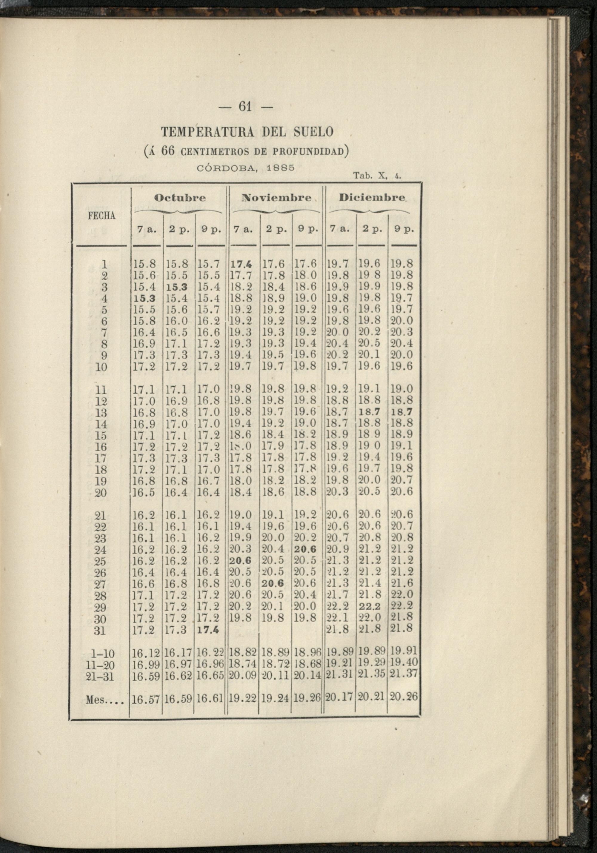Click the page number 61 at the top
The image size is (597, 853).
(245, 107)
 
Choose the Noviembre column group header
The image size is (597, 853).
(276, 198)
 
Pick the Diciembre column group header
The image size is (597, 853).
(372, 198)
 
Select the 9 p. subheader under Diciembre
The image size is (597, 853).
(404, 230)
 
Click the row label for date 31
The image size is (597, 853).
(100, 631)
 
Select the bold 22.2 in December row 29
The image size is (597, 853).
(370, 607)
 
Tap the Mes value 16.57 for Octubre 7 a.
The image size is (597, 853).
(146, 700)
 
